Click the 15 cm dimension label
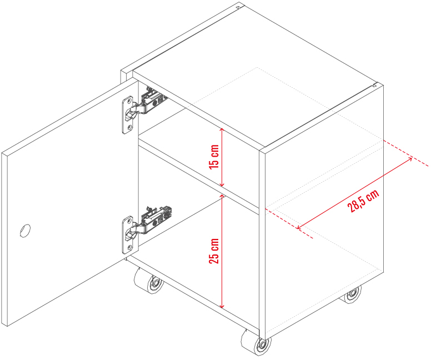[214, 157]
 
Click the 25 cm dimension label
[214, 251]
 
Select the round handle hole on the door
[25, 231]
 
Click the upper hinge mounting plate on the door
[127, 115]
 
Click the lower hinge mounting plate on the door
[127, 234]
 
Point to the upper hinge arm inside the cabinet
[151, 102]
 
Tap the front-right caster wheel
[256, 342]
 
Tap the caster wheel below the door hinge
[149, 281]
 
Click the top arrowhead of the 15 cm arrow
[222, 129]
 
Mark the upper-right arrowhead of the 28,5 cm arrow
[410, 159]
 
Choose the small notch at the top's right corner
[375, 84]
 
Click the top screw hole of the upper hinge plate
[128, 102]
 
